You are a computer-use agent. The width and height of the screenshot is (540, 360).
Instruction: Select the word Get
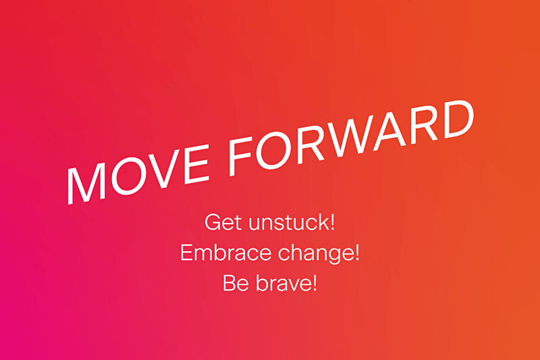pyautogui.click(x=223, y=222)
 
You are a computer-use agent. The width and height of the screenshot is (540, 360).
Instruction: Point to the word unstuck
pyautogui.click(x=289, y=222)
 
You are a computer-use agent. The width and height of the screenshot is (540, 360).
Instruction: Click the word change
pyautogui.click(x=315, y=254)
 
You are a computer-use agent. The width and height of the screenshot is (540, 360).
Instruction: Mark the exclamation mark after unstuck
pyautogui.click(x=332, y=222)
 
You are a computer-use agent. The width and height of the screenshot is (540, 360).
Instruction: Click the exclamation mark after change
pyautogui.click(x=356, y=253)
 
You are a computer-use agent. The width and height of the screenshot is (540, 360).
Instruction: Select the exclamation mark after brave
pyautogui.click(x=314, y=283)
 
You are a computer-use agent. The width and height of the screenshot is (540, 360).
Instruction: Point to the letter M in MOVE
pyautogui.click(x=86, y=182)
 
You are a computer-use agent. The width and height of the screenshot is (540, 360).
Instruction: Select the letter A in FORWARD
pyautogui.click(x=389, y=130)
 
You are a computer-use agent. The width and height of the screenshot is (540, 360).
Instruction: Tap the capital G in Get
pyautogui.click(x=213, y=222)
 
